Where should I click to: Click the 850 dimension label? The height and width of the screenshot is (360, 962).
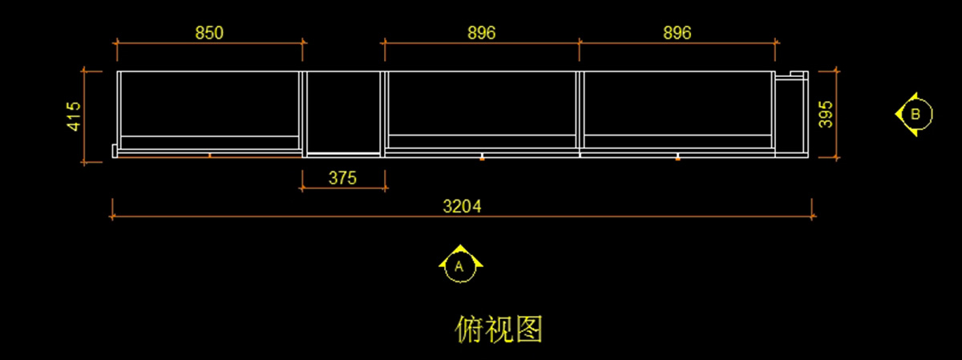coord(209,33)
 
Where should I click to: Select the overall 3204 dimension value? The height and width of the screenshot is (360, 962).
coord(463,206)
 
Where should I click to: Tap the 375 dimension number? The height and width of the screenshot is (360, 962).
coord(342,178)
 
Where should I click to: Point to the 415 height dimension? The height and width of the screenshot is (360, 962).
coord(75,116)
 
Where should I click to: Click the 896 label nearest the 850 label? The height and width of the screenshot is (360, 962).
coord(481,33)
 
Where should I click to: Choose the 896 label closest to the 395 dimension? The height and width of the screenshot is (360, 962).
coord(677,33)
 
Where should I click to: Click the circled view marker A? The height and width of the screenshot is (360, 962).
coord(460,265)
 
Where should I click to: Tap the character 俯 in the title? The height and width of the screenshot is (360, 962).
coord(469,329)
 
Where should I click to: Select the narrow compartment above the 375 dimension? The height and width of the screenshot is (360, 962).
coord(343,111)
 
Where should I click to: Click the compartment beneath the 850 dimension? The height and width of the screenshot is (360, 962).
coord(209,104)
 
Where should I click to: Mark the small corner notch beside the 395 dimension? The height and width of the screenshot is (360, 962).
coord(797,75)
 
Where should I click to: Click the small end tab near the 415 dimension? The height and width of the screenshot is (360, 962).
coord(115,151)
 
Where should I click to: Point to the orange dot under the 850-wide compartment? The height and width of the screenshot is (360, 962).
coord(210,155)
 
